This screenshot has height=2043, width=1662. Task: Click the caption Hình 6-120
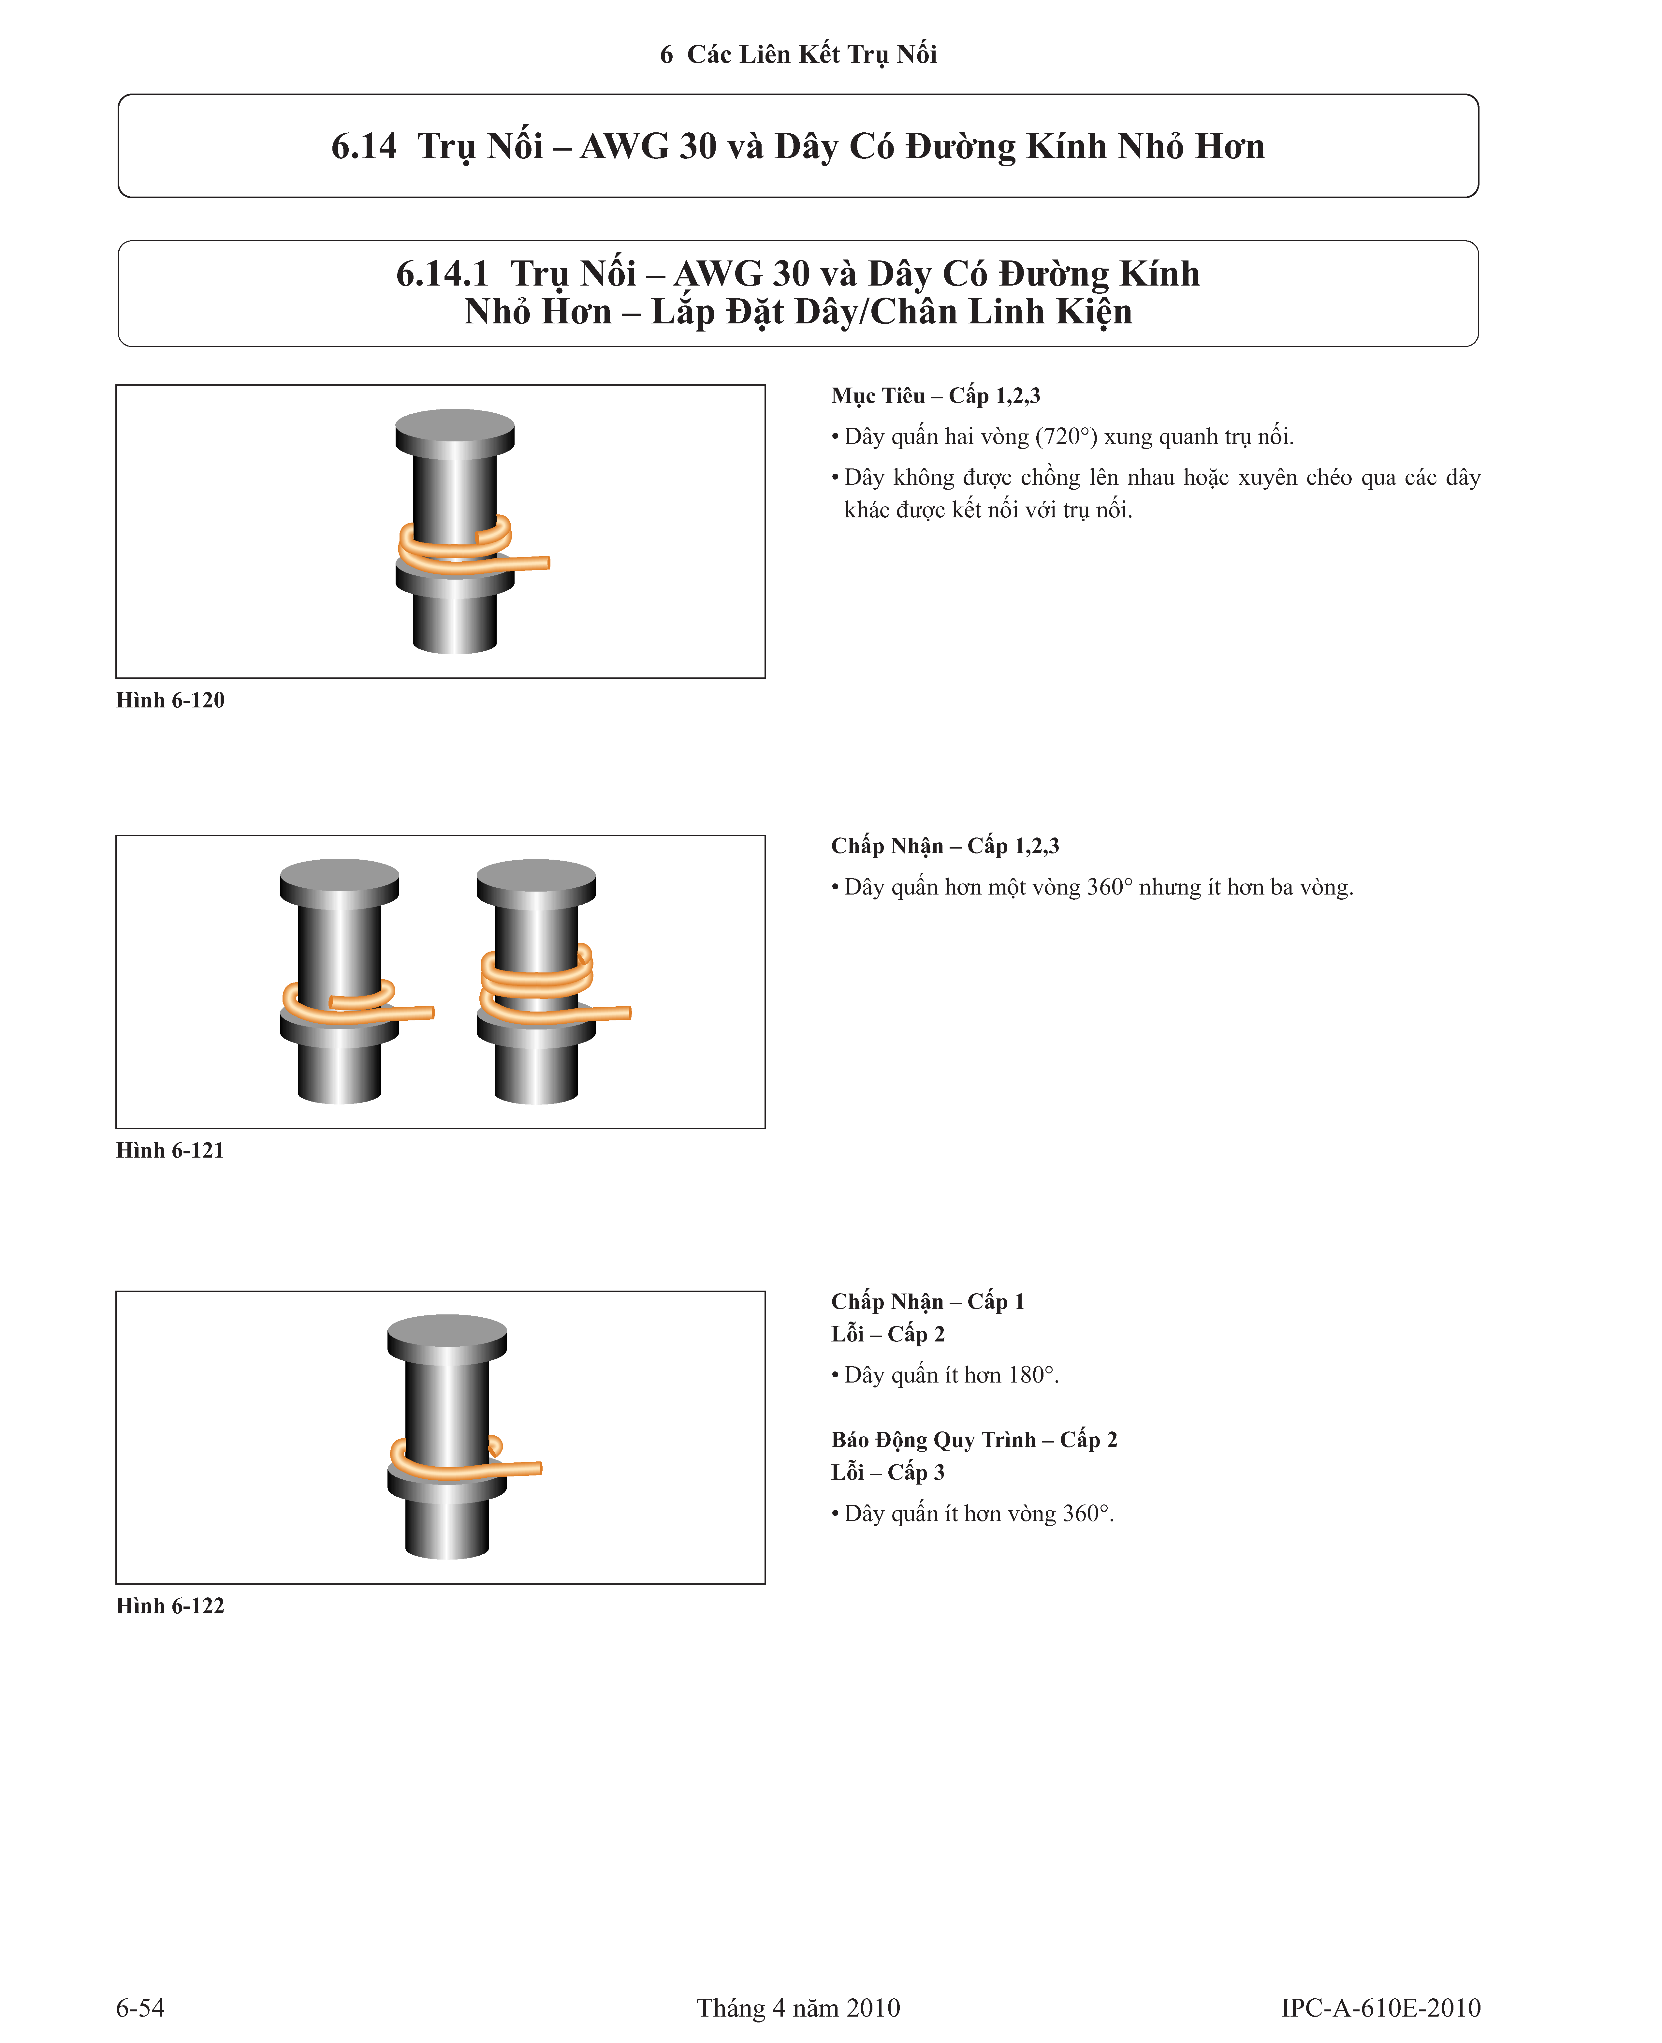pos(170,700)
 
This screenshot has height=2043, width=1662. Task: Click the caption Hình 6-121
pos(170,1150)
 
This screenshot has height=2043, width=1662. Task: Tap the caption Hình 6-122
pos(170,1606)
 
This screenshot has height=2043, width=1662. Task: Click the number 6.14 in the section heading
pos(364,147)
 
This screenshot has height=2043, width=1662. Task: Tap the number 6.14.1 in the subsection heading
pos(442,274)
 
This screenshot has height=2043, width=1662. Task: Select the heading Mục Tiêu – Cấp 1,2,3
pos(935,395)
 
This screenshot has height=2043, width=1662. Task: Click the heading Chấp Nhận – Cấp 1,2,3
pos(945,846)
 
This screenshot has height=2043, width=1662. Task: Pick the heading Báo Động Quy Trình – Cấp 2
pos(974,1440)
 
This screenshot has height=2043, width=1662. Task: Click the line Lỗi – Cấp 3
pos(887,1472)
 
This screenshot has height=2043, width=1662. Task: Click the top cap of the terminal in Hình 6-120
pos(455,427)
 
